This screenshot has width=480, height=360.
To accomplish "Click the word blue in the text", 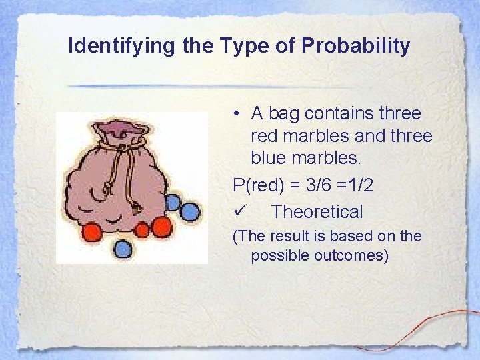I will (x=269, y=159).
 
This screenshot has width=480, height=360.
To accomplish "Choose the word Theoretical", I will (x=317, y=212).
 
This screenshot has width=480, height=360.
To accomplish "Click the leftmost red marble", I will (x=93, y=233).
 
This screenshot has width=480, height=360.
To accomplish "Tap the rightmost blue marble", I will (x=191, y=213).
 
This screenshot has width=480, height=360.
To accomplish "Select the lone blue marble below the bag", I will (x=123, y=249).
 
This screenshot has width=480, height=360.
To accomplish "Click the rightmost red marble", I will (x=161, y=227).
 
